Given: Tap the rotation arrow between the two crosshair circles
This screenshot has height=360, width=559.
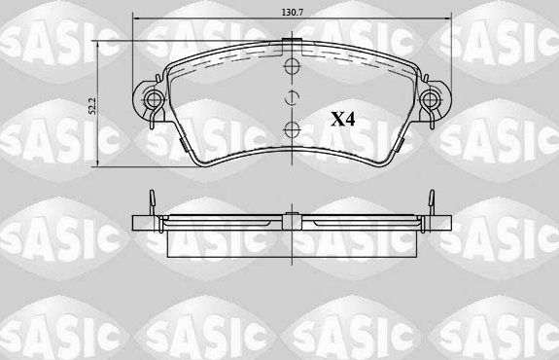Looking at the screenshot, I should (x=289, y=98).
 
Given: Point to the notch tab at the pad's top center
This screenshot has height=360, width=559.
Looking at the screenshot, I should (x=289, y=43).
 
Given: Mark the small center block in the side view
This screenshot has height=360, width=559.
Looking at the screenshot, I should (x=289, y=216).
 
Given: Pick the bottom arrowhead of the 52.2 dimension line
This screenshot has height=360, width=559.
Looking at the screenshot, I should (x=101, y=164).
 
